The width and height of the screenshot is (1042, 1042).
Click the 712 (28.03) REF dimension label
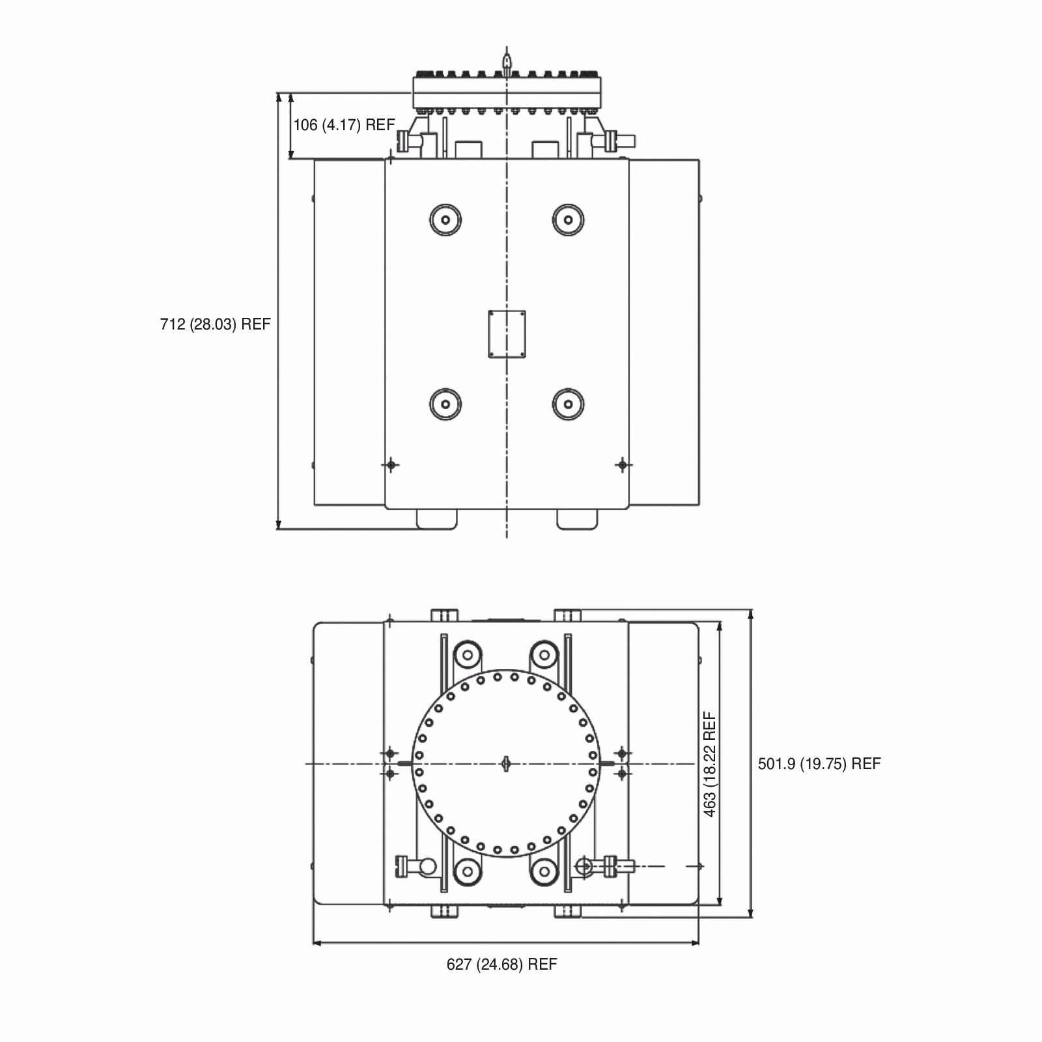point(215,324)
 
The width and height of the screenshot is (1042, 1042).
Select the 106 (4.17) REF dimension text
point(344,124)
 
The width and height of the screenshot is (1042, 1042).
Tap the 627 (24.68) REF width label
point(502,965)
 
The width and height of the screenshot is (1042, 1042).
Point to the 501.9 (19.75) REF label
point(819,764)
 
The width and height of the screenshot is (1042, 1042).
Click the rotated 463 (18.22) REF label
point(710,763)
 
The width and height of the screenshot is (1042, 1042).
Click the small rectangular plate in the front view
point(507,334)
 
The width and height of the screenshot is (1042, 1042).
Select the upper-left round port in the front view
point(445,219)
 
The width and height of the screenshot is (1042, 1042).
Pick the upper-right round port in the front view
point(568,219)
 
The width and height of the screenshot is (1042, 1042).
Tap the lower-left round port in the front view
point(445,404)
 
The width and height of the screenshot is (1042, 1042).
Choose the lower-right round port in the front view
point(568,404)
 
